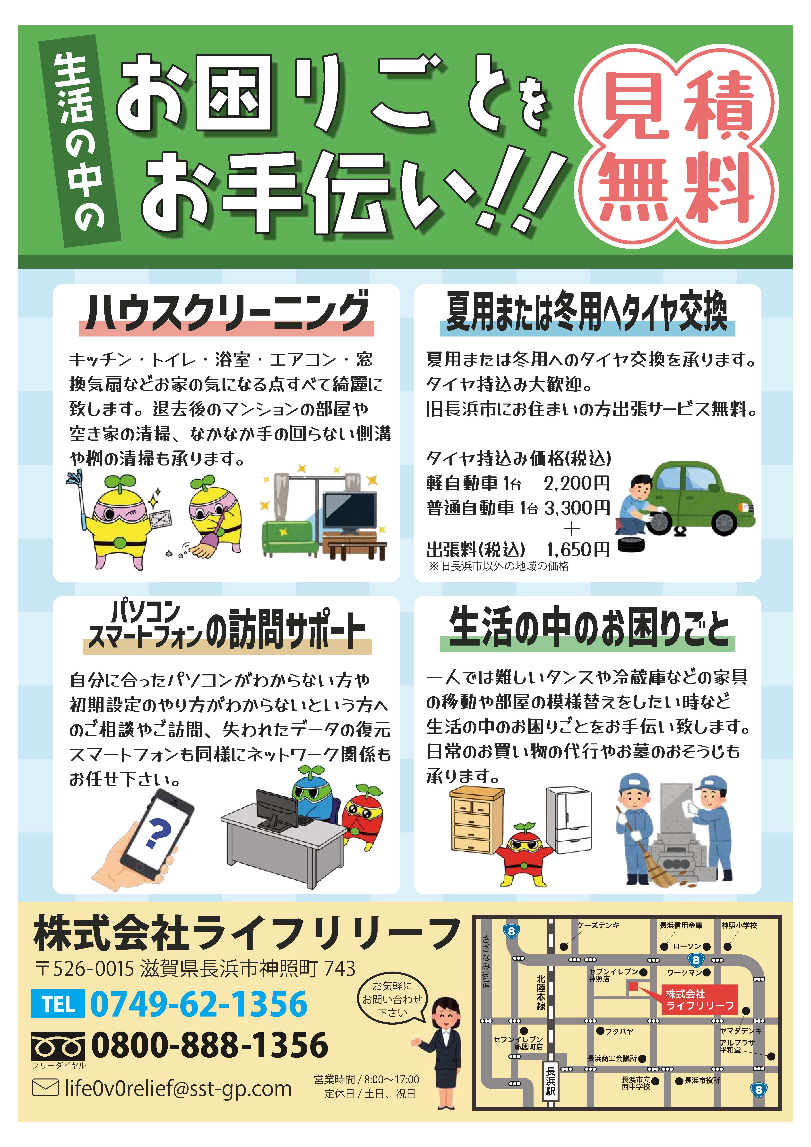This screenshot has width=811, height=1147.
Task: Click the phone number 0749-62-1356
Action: pos(199,1004)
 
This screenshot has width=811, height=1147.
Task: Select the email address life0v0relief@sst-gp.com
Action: pos(178,1088)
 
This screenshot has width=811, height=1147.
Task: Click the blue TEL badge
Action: pos(58,1004)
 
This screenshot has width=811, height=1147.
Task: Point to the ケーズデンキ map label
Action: pos(599,925)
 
